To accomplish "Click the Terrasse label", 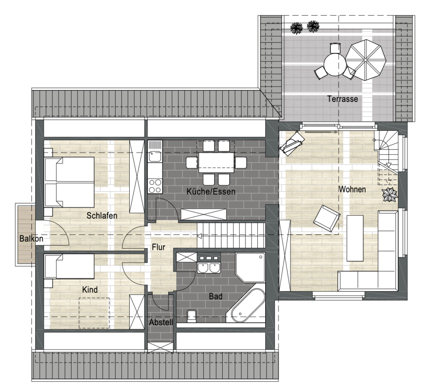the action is (x=342, y=99).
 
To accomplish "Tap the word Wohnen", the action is (x=352, y=189).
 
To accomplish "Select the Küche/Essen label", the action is (x=211, y=192).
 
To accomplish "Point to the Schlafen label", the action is (x=102, y=216).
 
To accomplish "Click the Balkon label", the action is (x=31, y=238).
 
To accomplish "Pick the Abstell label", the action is (x=161, y=322).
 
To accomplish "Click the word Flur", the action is (x=158, y=247).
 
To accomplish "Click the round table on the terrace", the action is (x=335, y=64).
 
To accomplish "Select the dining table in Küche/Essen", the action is (x=216, y=162).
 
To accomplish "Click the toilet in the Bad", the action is (x=191, y=315).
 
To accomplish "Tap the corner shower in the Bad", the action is (x=250, y=267).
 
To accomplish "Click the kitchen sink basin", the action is (x=155, y=157).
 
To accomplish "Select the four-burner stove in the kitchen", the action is (x=155, y=186).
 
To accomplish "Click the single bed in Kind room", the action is (x=69, y=266).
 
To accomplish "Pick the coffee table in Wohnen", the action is (x=355, y=238).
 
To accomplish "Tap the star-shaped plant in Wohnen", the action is (x=390, y=194).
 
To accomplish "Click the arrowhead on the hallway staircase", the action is (x=200, y=236).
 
